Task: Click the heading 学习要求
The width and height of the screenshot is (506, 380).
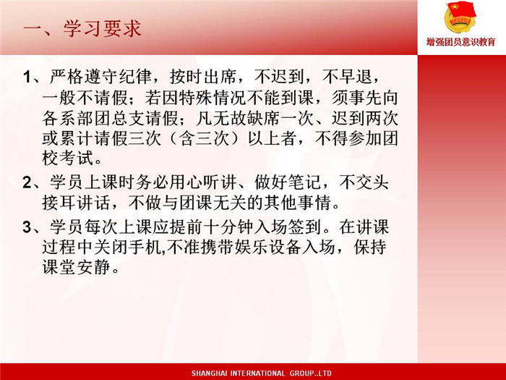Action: point(102,28)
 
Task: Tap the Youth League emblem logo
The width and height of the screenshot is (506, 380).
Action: point(460,17)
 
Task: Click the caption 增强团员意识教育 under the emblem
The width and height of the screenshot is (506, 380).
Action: point(461,42)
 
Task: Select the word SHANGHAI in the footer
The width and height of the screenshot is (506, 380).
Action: point(209,373)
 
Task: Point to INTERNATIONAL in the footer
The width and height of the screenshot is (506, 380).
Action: point(258,373)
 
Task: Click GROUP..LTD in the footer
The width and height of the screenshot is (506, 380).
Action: point(310,373)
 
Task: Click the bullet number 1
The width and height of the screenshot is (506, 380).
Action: point(27,77)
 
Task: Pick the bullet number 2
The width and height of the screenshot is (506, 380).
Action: point(27,183)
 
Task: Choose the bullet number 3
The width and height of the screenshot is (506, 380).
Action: point(27,227)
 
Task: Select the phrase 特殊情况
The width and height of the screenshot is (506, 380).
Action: point(212,98)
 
